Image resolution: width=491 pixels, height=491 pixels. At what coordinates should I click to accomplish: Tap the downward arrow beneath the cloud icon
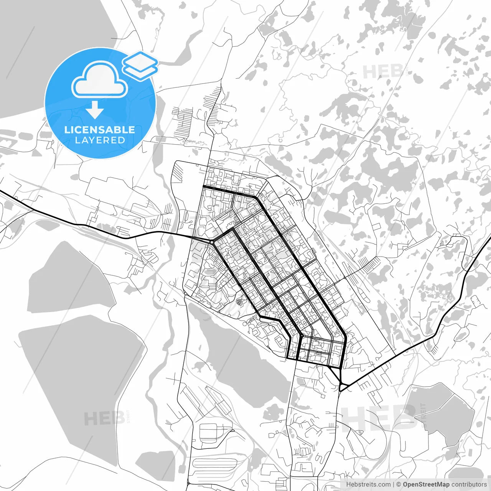[95, 110]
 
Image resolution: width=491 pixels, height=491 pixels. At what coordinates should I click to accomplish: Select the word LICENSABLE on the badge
[100, 130]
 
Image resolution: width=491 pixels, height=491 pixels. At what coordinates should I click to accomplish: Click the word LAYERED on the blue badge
[100, 140]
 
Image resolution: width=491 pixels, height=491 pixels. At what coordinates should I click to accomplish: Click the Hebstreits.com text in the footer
[368, 485]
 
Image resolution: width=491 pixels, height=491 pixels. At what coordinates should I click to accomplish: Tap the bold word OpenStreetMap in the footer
[426, 485]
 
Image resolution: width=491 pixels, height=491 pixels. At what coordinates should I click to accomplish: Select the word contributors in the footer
[469, 485]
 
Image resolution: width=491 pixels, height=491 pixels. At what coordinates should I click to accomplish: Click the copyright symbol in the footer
[399, 485]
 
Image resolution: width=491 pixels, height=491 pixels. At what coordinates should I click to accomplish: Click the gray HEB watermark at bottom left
[104, 419]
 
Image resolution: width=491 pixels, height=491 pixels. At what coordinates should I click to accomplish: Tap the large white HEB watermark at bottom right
[378, 418]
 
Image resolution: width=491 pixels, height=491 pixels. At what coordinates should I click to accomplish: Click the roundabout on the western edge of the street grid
[212, 242]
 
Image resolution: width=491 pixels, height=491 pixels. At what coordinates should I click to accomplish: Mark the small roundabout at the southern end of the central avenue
[302, 336]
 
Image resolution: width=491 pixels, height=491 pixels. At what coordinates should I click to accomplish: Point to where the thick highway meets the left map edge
[1, 191]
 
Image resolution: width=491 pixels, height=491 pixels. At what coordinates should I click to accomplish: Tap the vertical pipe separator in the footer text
[393, 485]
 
